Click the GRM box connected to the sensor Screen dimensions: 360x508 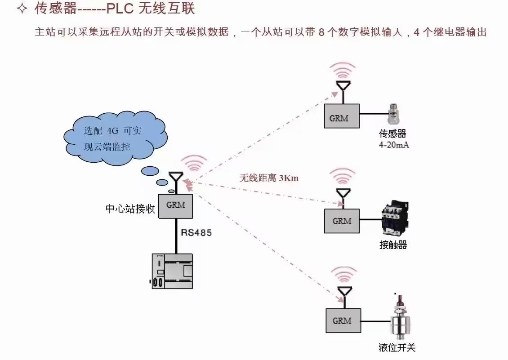342,116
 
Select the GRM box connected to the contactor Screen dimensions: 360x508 342,221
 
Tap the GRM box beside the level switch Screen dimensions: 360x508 342,320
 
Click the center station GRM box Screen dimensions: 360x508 175,206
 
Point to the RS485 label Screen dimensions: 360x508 196,233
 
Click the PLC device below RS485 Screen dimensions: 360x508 172,271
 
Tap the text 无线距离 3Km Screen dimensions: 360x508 269,178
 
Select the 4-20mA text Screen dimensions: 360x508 394,145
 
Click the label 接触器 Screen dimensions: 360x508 393,245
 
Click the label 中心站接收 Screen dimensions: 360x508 130,209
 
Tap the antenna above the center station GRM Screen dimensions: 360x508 175,178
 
